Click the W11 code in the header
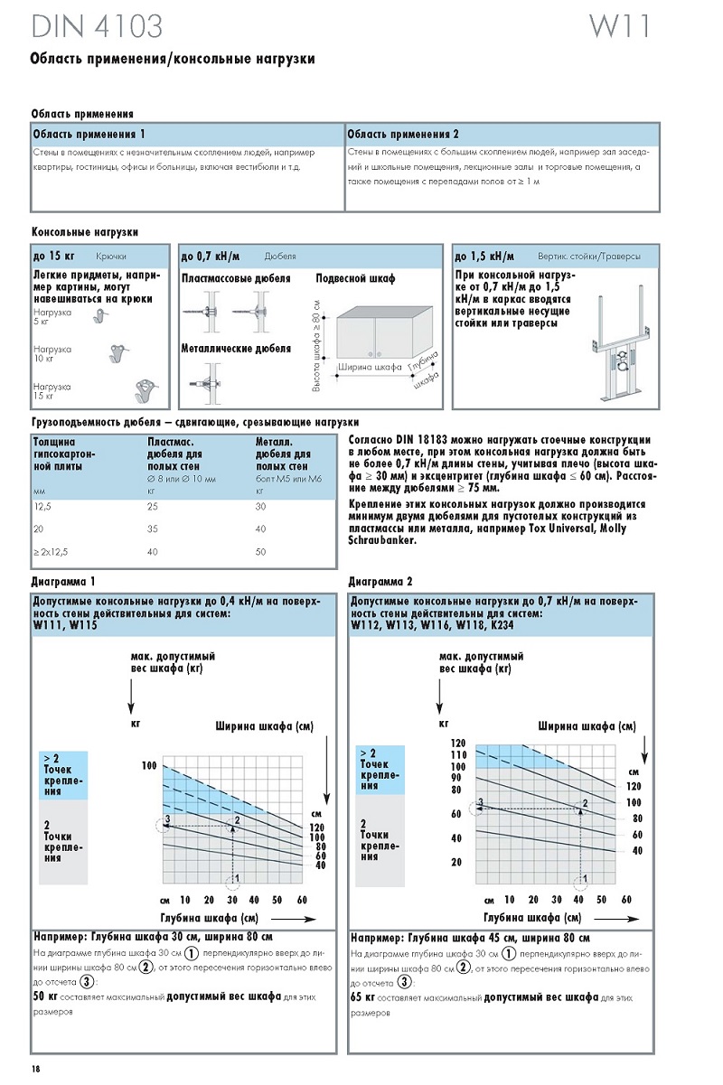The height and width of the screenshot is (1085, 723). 619,26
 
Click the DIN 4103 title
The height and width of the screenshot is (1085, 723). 97,27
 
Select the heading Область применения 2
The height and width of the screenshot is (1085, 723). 404,134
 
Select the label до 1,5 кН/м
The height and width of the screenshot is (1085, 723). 484,256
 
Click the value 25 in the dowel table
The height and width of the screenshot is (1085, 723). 153,507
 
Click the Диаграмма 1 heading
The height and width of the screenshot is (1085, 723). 63,582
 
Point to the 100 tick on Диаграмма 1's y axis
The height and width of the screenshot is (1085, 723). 148,766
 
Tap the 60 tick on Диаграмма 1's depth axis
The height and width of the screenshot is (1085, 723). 302,900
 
